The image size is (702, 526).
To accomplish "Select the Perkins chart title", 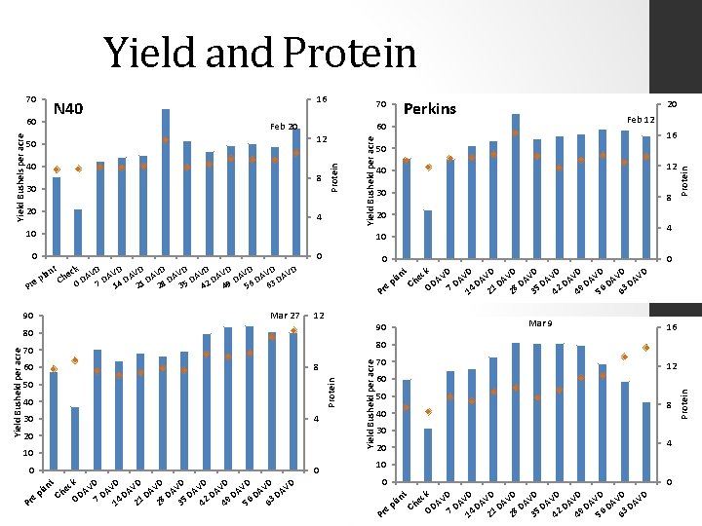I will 429,108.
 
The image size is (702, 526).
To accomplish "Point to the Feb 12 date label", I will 643,119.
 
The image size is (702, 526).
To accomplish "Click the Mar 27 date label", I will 284,316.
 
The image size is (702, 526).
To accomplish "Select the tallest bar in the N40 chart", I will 166,182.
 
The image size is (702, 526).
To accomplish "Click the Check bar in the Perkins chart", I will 428,235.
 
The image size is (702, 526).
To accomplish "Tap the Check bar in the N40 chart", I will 78,233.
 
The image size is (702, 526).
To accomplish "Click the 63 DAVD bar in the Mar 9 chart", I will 645,441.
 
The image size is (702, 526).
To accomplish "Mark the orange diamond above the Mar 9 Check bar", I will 428,412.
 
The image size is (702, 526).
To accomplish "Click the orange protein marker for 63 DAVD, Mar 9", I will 645,348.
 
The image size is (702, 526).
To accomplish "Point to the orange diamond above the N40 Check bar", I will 78,169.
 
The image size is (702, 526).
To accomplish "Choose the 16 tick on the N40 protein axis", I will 321,100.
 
